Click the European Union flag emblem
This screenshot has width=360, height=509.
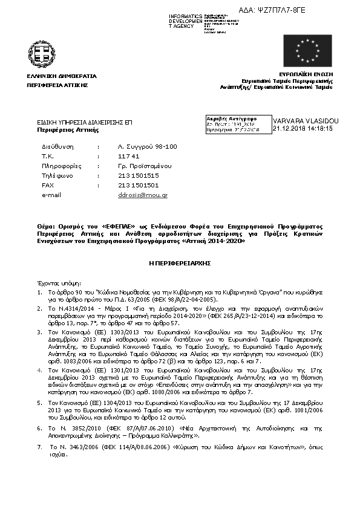coord(307,51)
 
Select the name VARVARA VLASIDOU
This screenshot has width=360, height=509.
coord(306,122)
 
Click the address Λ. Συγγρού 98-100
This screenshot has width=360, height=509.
coord(147,146)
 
